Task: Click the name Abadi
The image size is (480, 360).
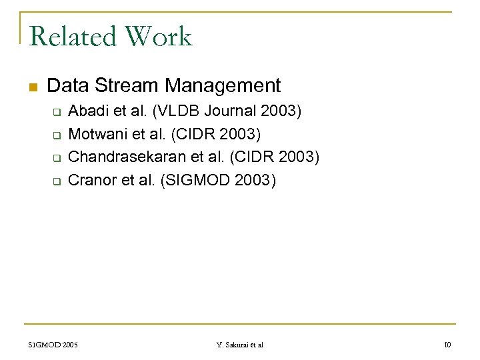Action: pos(88,111)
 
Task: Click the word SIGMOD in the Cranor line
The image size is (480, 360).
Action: pos(194,180)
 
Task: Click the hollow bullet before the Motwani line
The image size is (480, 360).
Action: pos(57,135)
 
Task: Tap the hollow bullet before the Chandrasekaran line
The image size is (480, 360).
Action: pos(57,158)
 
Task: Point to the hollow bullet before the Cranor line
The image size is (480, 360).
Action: pos(57,181)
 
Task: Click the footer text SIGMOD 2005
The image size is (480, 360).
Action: pos(53,345)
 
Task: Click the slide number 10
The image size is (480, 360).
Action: pos(447,345)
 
